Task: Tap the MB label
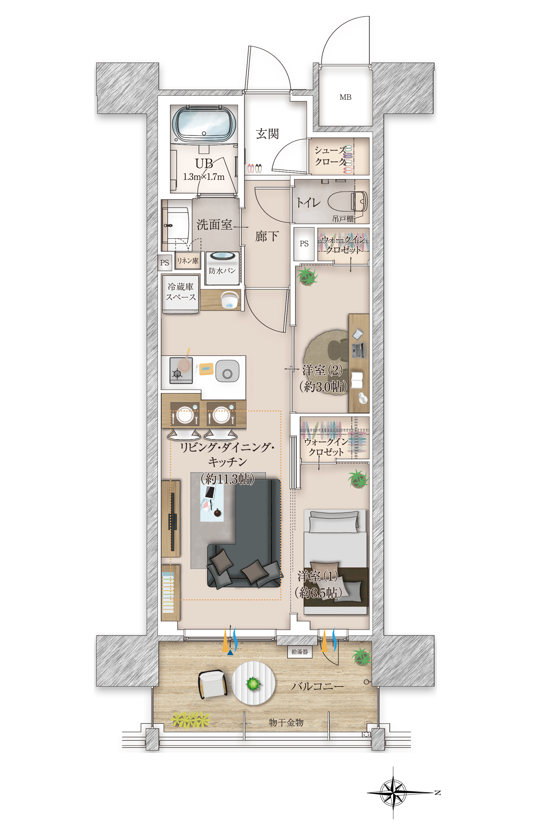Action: point(345,97)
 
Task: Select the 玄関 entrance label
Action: point(267,134)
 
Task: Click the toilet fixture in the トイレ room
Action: point(348,202)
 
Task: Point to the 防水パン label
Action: point(222,271)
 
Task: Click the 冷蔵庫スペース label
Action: point(180,292)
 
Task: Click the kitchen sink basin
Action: point(227,371)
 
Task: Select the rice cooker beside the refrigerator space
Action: point(229,300)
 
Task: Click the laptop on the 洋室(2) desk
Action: point(358,350)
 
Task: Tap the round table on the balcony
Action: point(254,683)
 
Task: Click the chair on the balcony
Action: point(213,684)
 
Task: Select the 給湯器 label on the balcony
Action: point(300,652)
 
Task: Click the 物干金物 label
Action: point(286,723)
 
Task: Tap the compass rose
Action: point(393,792)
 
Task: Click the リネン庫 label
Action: point(188,261)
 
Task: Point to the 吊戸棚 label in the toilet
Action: point(343,219)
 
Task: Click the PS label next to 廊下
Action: point(304,244)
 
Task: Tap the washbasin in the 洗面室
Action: point(177,225)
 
